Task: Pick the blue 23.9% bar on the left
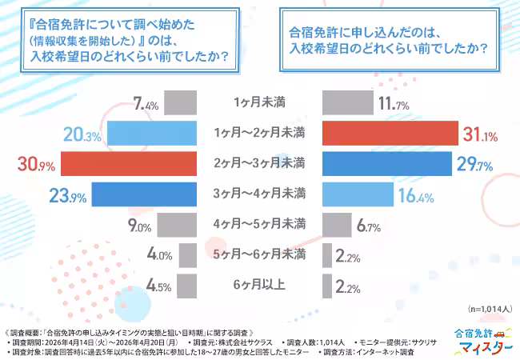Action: (x=144, y=194)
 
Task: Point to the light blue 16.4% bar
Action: (x=358, y=194)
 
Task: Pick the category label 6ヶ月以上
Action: (x=259, y=285)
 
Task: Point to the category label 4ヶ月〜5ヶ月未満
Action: (x=259, y=224)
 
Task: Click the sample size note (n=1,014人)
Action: (x=486, y=309)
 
